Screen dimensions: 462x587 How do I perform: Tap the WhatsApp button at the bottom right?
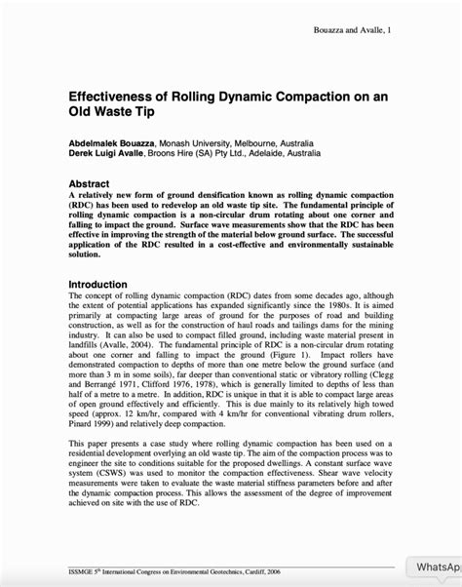[437, 567]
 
